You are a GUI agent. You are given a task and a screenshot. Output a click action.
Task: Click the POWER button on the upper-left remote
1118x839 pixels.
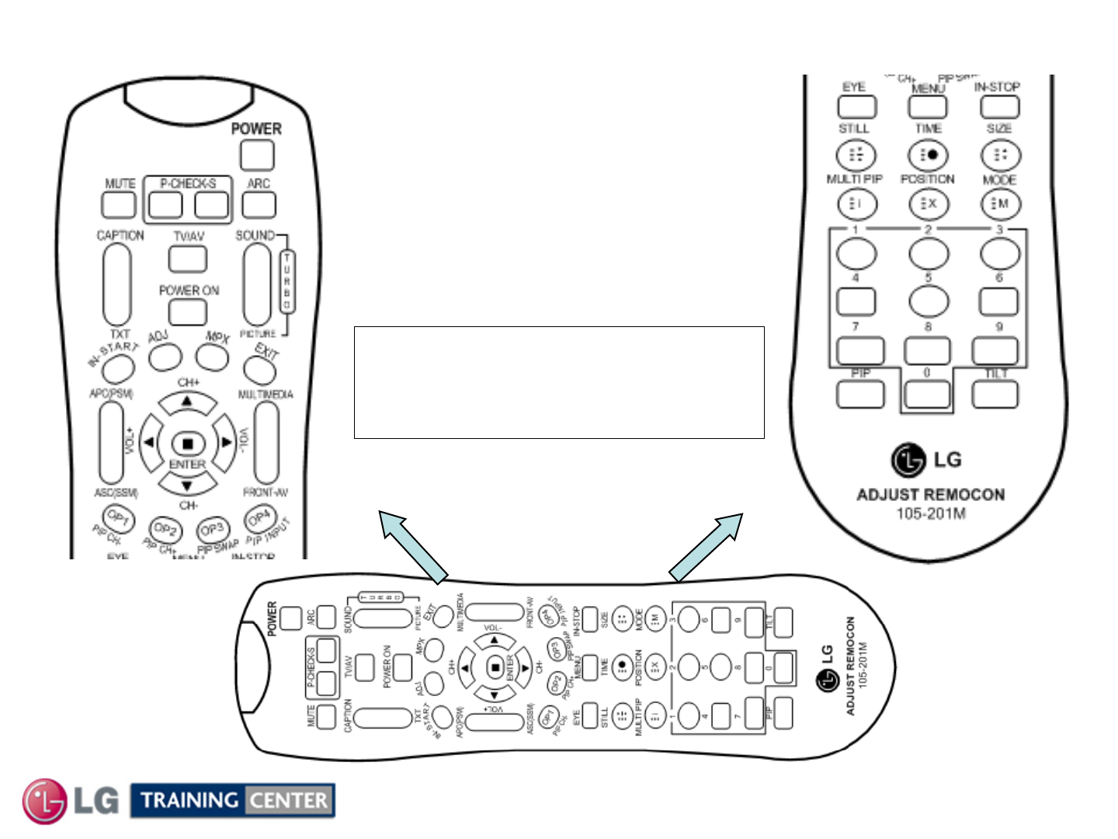pos(257,155)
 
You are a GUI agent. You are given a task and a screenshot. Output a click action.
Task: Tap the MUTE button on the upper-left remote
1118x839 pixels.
pos(119,204)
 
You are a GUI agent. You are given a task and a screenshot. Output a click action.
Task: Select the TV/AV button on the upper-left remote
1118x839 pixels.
pos(188,259)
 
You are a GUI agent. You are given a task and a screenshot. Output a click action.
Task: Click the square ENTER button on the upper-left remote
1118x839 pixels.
pos(187,444)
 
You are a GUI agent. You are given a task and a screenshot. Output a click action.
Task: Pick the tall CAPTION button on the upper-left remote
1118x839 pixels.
pos(117,284)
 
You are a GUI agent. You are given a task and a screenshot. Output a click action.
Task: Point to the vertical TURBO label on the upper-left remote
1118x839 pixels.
pos(287,282)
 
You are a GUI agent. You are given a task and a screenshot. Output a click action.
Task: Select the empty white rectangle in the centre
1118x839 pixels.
pos(559,382)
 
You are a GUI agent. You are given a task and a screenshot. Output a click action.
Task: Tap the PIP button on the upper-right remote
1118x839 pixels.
pos(860,395)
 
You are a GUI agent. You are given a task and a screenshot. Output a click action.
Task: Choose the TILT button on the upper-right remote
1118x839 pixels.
pos(995,395)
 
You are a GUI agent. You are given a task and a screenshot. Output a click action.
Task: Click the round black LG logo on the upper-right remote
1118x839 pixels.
pos(908,460)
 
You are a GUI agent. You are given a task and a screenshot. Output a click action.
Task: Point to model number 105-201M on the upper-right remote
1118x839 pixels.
pos(931,513)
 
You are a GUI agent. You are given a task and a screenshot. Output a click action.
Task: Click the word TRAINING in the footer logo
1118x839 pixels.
pos(189,800)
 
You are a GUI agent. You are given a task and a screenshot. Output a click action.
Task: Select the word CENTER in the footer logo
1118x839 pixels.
pos(289,800)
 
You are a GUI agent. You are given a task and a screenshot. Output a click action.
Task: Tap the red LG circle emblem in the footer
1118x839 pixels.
pos(44,801)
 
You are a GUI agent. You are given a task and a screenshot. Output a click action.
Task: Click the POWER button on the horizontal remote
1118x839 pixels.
pos(291,618)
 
